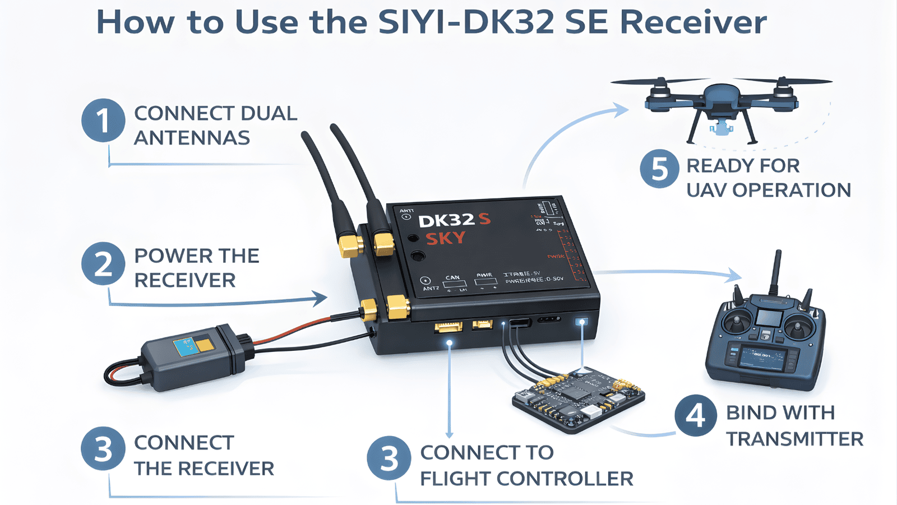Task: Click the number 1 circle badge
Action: point(103,120)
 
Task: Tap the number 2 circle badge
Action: point(103,263)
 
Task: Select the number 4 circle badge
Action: point(696,416)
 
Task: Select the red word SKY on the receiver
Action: point(445,239)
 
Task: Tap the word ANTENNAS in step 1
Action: point(192,138)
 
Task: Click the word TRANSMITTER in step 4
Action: point(794,439)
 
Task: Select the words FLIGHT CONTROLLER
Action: point(526,479)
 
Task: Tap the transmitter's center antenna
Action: point(776,272)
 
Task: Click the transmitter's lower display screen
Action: point(762,357)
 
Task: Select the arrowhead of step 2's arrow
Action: point(321,298)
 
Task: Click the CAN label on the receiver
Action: point(452,277)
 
